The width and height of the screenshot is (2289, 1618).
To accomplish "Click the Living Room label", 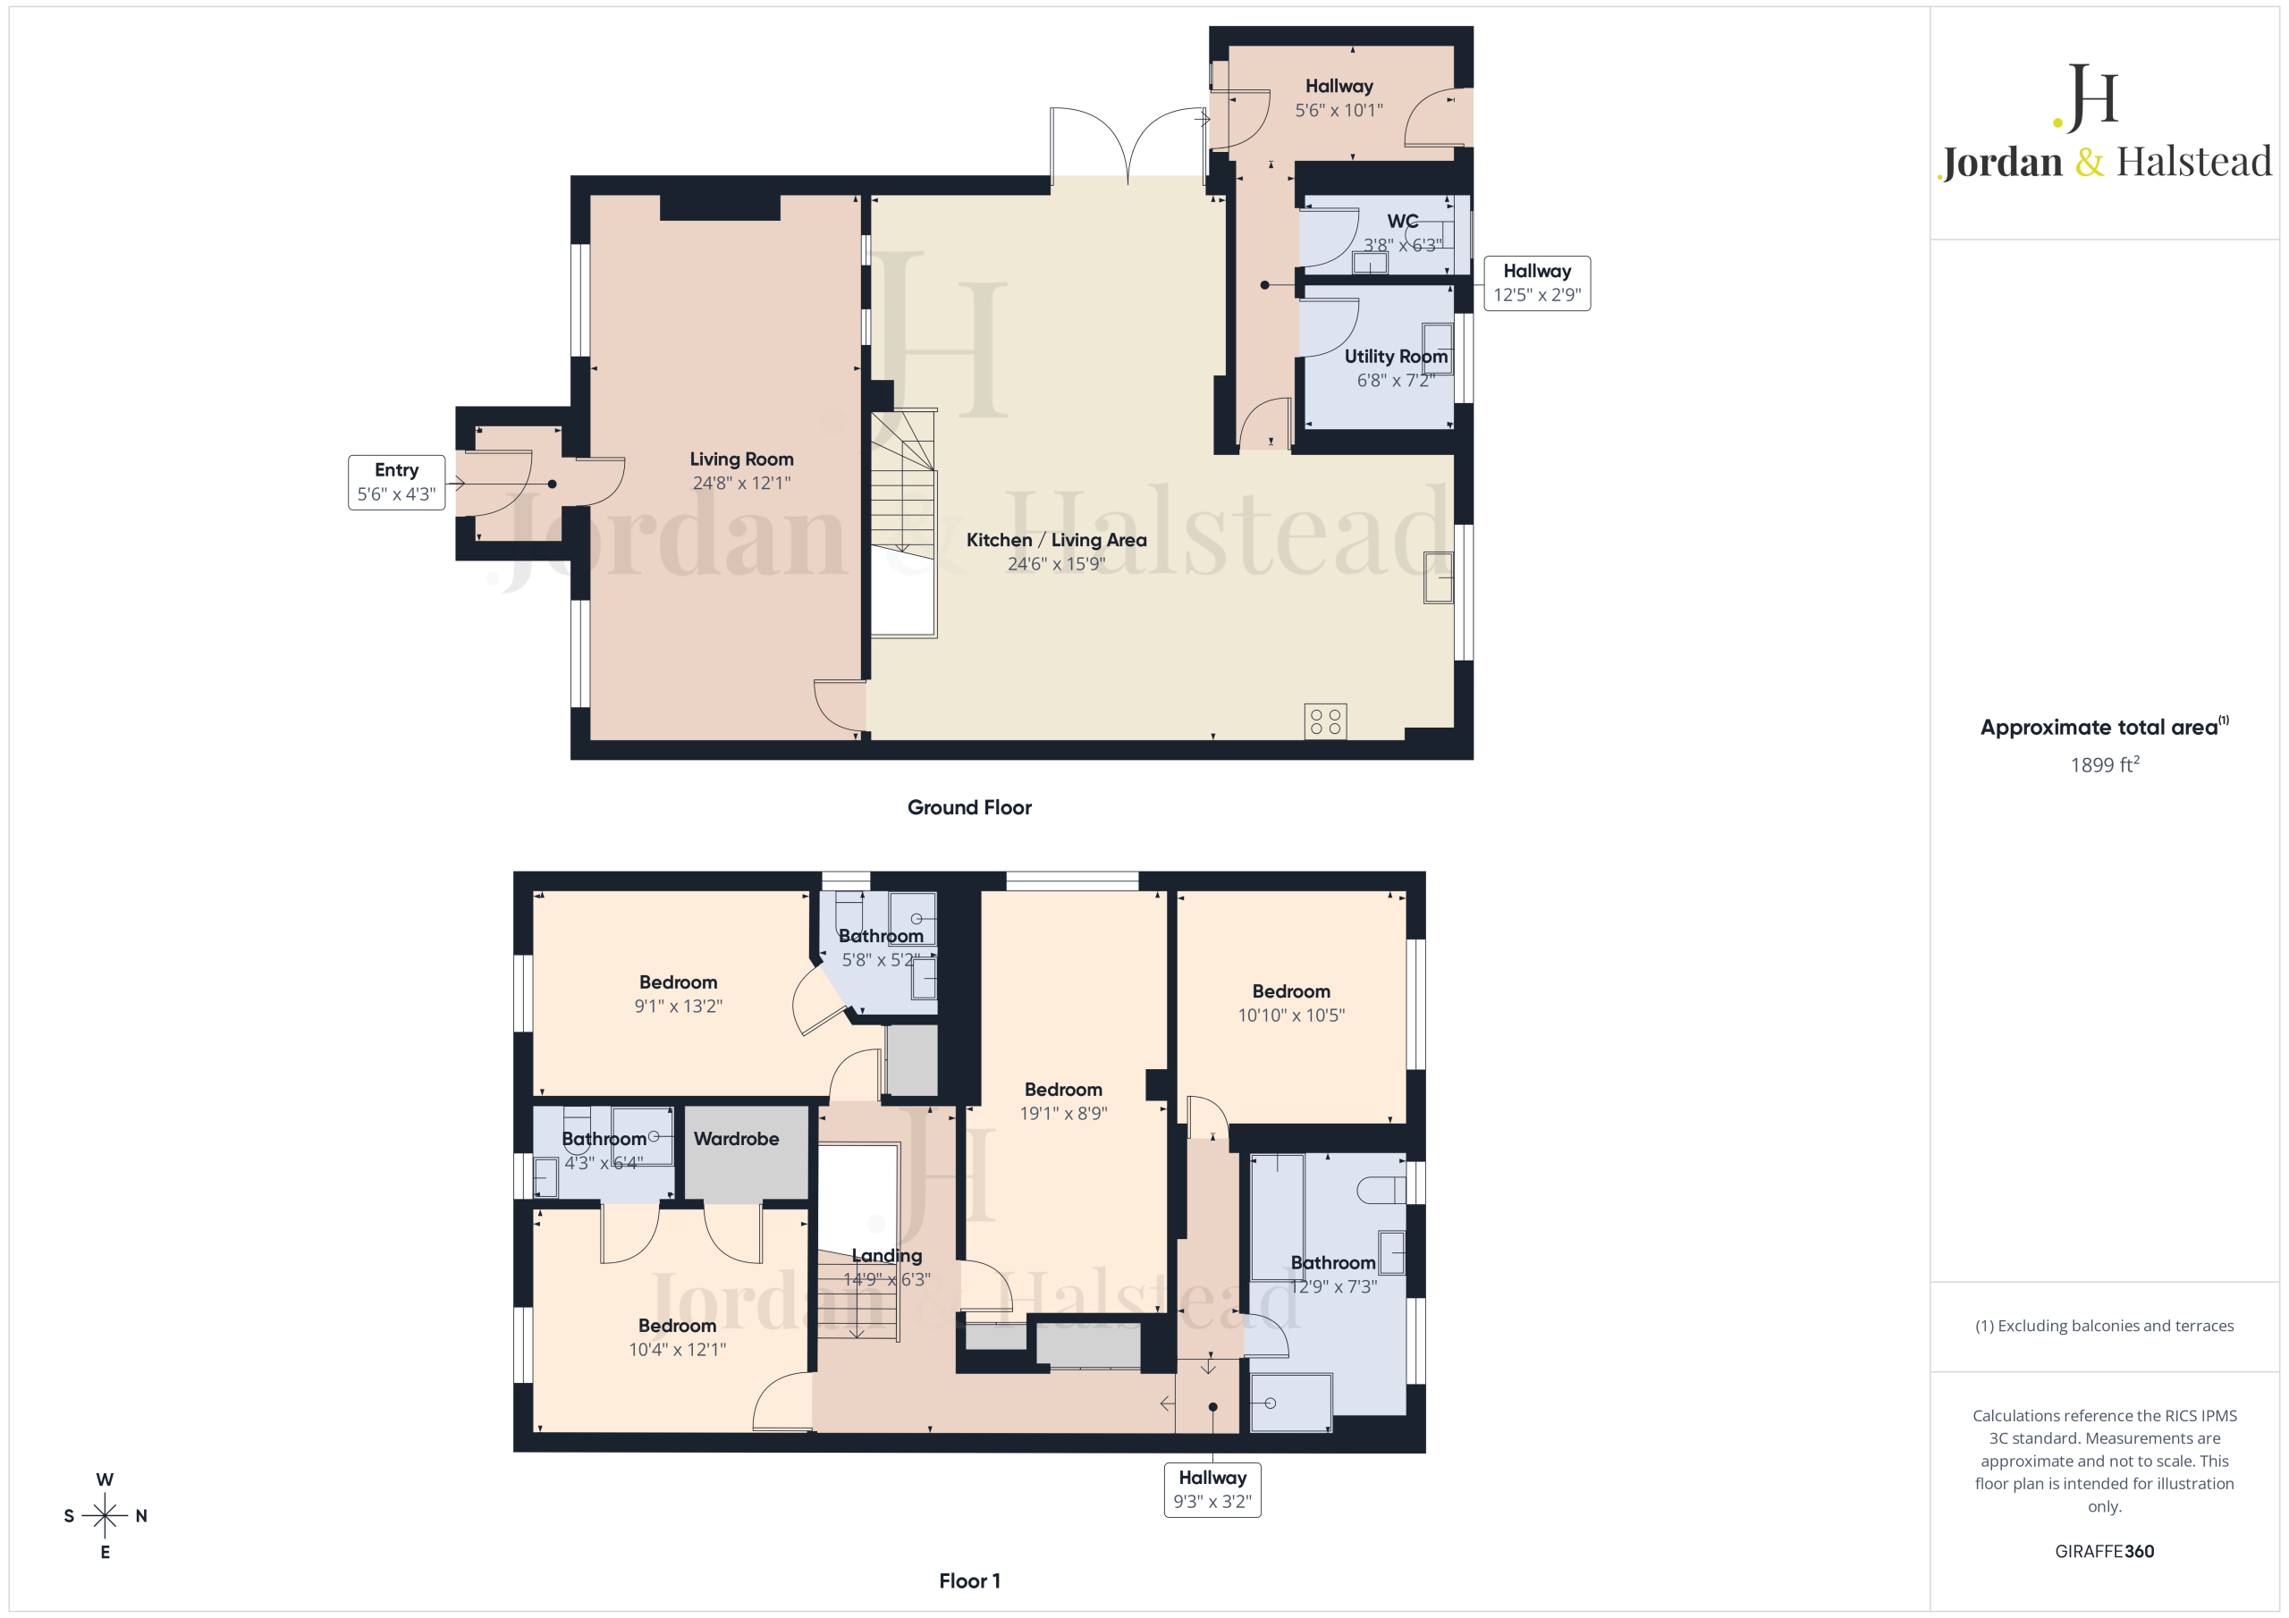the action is click(742, 459).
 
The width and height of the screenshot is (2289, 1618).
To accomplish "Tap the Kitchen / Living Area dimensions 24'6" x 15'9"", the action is click(1057, 564).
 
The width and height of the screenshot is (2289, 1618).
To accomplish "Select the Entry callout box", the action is click(397, 483).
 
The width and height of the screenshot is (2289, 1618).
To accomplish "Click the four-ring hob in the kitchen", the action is click(1325, 721).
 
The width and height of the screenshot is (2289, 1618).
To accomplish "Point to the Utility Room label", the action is click(1396, 356).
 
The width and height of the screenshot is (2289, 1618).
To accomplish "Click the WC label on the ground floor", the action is click(1403, 222).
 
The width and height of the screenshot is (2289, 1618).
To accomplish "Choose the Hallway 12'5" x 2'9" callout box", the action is click(1537, 283).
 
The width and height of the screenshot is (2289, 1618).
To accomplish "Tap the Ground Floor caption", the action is click(969, 807).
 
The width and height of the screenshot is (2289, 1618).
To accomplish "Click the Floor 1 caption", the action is click(969, 1581).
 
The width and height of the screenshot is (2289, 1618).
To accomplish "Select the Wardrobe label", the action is click(737, 1139).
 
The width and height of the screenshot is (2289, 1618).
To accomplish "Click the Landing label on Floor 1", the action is click(886, 1256).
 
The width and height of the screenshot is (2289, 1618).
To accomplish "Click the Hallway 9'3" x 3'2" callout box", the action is click(1212, 1489).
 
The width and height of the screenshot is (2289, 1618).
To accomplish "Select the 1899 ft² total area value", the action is click(2105, 764).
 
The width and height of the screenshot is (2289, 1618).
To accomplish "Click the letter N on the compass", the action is click(141, 1516).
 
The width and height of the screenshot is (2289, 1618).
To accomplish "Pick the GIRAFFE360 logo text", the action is click(2105, 1551).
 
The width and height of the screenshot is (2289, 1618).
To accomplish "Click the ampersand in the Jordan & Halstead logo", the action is click(2089, 163).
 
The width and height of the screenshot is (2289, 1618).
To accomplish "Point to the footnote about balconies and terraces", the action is click(2105, 1326).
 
